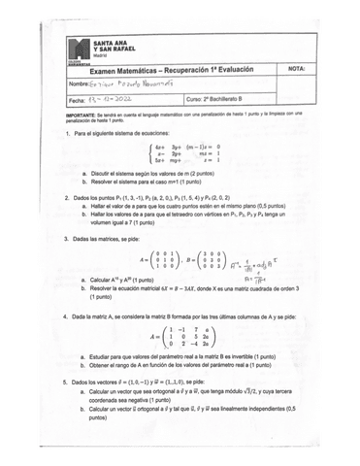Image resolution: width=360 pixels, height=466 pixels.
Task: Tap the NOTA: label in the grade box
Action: click(x=297, y=70)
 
